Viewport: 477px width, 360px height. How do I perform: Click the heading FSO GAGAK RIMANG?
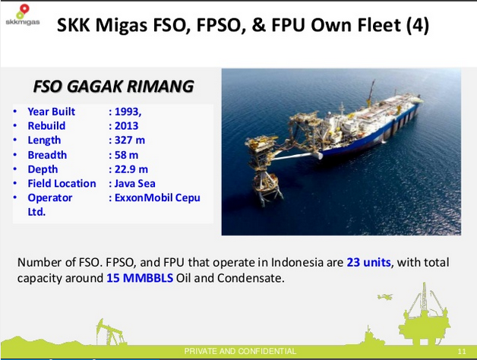pos(112,86)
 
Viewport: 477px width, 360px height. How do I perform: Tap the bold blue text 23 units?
pos(368,262)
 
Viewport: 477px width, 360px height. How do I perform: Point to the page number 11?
pos(462,352)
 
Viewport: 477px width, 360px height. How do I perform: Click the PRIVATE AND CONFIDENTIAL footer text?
pos(241,351)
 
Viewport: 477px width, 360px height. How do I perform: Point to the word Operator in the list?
pos(50,197)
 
